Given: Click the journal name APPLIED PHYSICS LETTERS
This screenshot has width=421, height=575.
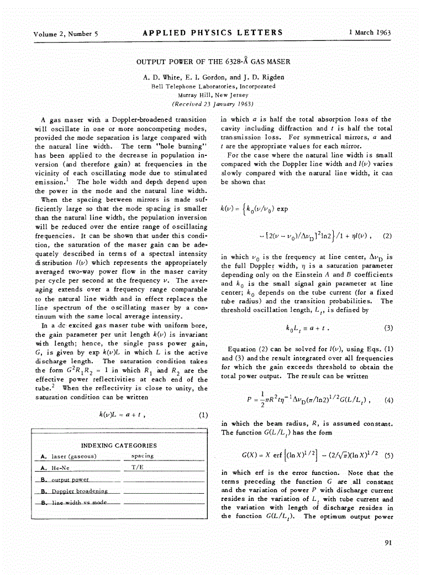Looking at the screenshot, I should (213, 33).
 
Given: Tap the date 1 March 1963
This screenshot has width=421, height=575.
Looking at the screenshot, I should (370, 33).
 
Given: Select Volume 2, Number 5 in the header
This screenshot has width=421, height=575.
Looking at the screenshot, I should (65, 34).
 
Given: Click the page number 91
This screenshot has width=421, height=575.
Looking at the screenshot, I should (388, 542).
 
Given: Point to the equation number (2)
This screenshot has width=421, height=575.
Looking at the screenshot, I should (387, 235).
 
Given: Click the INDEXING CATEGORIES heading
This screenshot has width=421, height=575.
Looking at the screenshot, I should (119, 445).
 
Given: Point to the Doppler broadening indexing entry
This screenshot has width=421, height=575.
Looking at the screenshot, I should (80, 491).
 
